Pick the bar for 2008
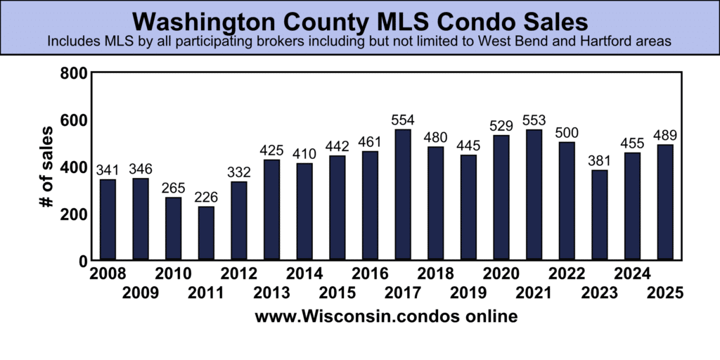tap(108, 219)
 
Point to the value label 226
tap(206, 198)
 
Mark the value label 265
tap(173, 188)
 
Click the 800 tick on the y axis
tap(73, 73)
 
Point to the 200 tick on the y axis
tap(73, 214)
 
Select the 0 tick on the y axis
tap(82, 261)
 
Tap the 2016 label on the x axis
tap(370, 274)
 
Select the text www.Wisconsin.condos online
tap(386, 317)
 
